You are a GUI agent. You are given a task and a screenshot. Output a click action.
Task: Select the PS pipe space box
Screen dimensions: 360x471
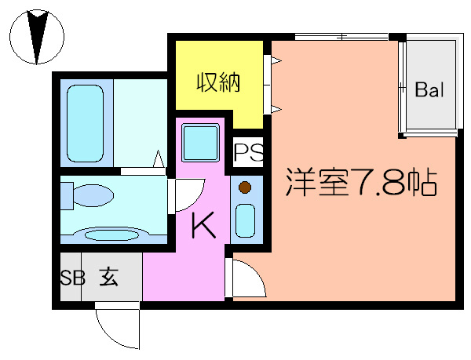[x=246, y=149]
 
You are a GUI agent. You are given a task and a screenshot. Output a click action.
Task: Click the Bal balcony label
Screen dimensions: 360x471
[x=429, y=89]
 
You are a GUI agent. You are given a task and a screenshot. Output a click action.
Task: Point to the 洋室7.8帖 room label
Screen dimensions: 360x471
[x=360, y=184]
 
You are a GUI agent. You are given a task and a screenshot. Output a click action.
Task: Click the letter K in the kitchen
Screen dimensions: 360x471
[x=203, y=225]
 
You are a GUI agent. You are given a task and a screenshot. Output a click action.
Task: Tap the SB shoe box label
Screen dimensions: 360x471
[x=72, y=278]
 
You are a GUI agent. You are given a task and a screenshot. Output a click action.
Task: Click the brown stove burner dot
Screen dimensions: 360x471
[x=245, y=187]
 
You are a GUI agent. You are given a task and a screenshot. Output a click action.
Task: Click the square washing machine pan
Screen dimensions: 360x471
[x=199, y=144]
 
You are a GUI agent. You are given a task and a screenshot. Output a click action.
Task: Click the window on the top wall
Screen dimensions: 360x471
[x=341, y=36]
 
